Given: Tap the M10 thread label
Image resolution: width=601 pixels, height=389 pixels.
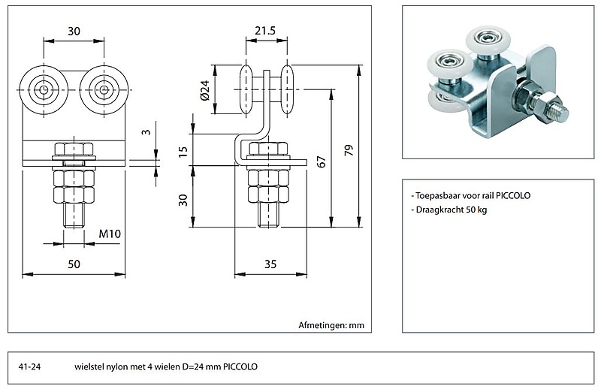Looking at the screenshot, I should (110, 234).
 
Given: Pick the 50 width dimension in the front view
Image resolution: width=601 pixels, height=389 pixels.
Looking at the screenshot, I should (74, 264).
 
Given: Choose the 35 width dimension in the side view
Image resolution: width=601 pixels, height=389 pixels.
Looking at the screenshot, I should (270, 264).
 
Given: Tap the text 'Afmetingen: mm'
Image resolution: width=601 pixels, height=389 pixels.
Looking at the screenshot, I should (331, 325).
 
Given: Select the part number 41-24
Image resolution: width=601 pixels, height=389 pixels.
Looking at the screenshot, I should (29, 367).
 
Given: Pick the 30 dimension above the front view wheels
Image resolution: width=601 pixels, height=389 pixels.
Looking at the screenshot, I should (74, 31).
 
